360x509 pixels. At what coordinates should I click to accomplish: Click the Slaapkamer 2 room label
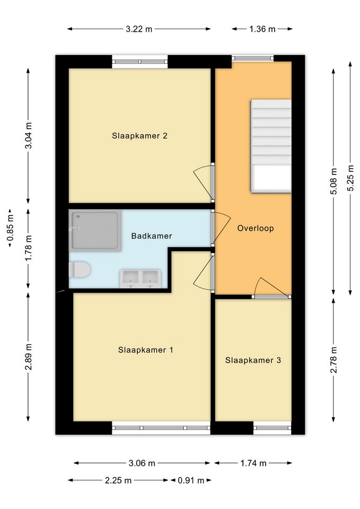pos(139,136)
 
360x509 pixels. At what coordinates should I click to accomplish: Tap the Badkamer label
pos(152,236)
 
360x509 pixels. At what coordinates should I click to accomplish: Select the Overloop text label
pos(256,228)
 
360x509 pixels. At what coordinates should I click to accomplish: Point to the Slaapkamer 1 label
pos(145,350)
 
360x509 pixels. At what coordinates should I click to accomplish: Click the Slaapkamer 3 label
pos(253,361)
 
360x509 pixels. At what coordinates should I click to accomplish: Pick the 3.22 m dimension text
pos(139,29)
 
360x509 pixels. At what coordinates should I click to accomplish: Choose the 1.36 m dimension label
pos(262,29)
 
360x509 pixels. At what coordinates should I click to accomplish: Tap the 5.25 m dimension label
pos(350,178)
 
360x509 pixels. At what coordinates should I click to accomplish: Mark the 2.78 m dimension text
pos(333,360)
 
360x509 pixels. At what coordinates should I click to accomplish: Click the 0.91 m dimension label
pos(191,480)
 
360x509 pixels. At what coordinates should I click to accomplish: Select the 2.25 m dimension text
pos(118,480)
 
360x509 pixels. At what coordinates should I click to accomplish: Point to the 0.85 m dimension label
pos(10,229)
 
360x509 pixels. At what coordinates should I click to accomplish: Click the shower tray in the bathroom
pos(95,231)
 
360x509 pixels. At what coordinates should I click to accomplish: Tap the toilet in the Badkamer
pos(80,270)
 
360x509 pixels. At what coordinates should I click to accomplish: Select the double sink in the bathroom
pos(140,278)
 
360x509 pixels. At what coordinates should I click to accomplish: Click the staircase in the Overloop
pos(271,146)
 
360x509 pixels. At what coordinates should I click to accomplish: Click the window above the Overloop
pos(252,58)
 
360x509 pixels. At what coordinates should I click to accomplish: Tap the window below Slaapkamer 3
pos(272,428)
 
